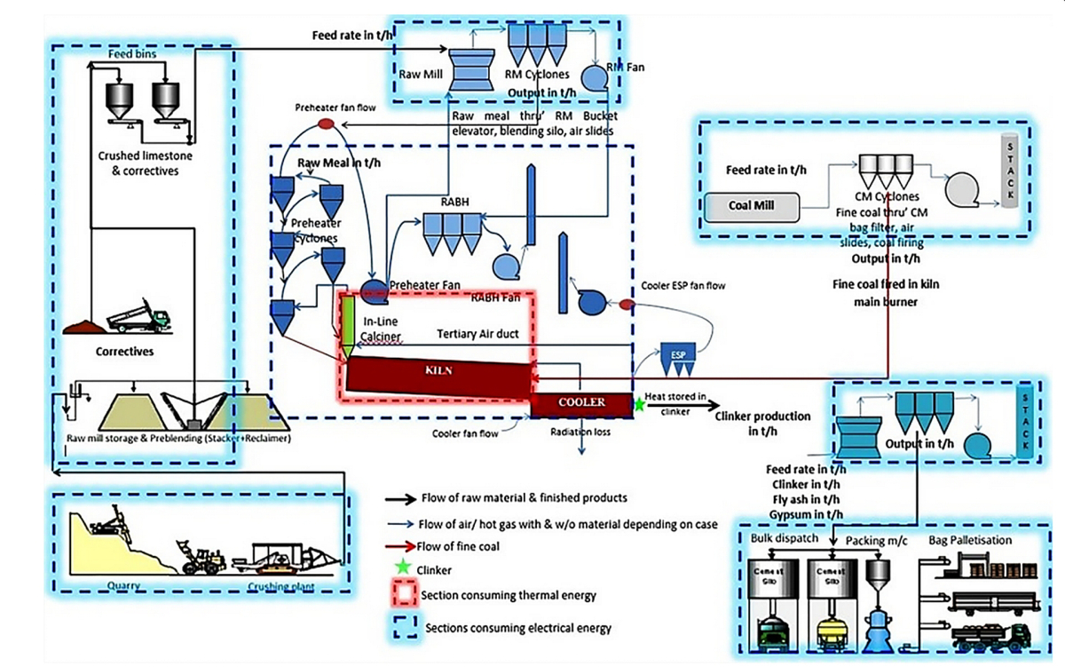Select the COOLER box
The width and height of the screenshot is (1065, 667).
[x=581, y=402]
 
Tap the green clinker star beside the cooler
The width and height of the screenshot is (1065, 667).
[x=638, y=404]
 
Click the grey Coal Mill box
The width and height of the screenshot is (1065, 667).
[x=752, y=205]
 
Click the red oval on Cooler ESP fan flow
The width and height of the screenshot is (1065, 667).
[x=626, y=305]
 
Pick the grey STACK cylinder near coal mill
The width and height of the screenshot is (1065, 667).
[x=1008, y=171]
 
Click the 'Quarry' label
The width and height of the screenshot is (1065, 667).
[x=124, y=585]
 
